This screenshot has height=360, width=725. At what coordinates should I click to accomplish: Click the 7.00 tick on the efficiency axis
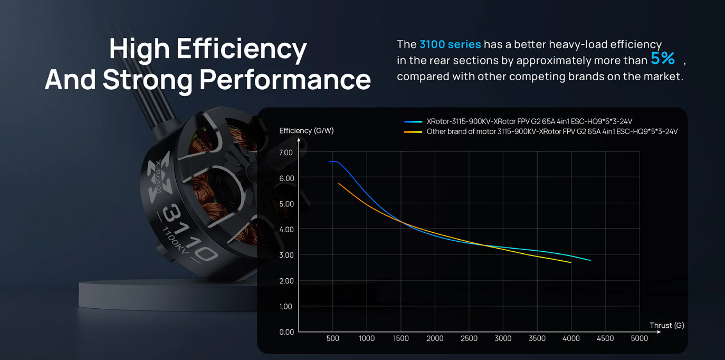(x=286, y=153)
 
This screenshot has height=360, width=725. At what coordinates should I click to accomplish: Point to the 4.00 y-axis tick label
(x=286, y=230)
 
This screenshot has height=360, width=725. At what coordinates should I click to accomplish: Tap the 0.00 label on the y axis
(x=286, y=332)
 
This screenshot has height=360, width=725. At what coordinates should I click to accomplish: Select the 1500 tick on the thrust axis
(x=401, y=338)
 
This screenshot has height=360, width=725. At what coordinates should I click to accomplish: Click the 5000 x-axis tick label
(x=639, y=338)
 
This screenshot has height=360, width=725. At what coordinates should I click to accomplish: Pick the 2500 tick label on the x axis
(x=469, y=338)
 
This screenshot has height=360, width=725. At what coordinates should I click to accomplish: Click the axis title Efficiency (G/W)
(x=307, y=131)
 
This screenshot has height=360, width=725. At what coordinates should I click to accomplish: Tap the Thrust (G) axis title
(x=666, y=325)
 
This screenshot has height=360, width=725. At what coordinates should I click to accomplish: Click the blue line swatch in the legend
(x=413, y=122)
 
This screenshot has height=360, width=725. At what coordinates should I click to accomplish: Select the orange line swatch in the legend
(x=413, y=132)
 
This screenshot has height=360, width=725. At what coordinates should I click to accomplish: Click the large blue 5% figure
(x=663, y=59)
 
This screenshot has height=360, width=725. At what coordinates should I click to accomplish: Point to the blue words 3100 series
(x=450, y=44)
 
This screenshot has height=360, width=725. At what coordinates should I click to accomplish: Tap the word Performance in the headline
(x=285, y=80)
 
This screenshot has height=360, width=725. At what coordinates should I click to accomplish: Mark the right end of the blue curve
(x=590, y=260)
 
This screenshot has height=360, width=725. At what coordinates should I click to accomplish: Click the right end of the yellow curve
(x=571, y=262)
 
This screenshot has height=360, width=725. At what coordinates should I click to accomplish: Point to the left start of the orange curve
(x=339, y=183)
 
